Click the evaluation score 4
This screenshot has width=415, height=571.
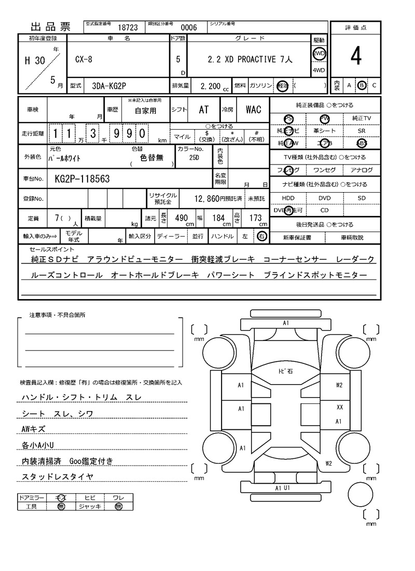(355, 57)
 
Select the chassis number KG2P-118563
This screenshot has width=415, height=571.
(82, 179)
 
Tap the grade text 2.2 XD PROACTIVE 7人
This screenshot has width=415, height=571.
(250, 60)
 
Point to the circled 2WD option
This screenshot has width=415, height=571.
(319, 53)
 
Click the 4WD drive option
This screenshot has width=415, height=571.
(319, 71)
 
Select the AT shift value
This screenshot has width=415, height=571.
(204, 110)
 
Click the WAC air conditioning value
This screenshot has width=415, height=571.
(254, 110)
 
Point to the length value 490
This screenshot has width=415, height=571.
(181, 218)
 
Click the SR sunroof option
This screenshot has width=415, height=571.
(362, 131)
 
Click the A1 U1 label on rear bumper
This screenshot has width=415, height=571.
(282, 488)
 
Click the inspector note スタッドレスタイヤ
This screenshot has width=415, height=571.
(57, 477)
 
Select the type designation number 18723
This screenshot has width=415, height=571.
(128, 28)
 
